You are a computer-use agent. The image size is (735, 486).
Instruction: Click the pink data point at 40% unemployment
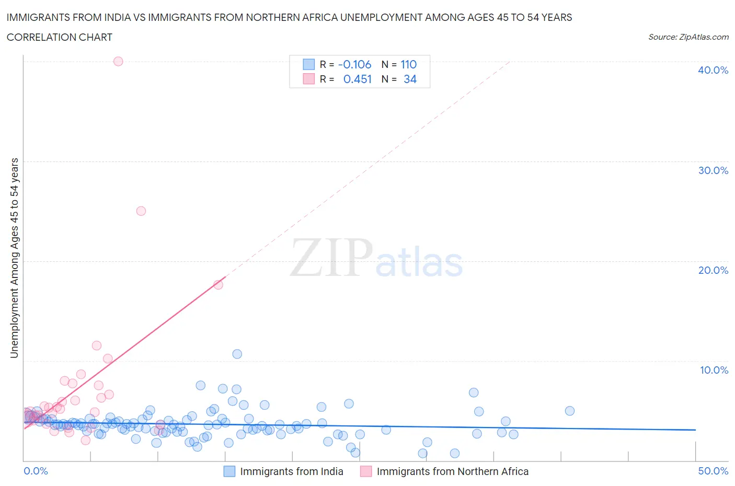coord(118,61)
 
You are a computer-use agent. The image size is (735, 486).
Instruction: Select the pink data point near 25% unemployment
coord(141,211)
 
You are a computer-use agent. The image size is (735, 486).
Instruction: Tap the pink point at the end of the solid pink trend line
coord(218,285)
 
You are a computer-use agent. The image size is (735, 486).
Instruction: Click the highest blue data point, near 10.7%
coord(237,354)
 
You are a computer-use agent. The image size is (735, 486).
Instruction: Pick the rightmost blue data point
coord(570,411)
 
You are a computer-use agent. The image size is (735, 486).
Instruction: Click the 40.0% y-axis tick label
coord(713,70)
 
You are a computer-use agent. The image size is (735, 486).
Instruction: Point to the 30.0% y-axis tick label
coord(713,170)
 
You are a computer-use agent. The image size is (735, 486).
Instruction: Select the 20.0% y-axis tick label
coord(713,270)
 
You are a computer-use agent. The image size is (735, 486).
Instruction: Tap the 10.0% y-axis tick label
coord(714,370)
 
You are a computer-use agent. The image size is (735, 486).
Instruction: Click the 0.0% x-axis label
coord(36,471)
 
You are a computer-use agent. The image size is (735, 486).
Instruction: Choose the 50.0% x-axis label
coord(713,471)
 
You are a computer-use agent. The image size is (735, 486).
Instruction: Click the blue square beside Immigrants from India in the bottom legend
coord(229,471)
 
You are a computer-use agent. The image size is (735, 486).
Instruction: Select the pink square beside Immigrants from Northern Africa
coord(366,471)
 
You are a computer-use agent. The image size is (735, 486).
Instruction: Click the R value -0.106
coord(354,64)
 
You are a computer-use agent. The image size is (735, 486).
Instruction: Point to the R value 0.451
coord(357,79)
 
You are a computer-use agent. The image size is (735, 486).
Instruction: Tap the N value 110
coord(408,64)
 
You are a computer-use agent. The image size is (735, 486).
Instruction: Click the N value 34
coord(410,79)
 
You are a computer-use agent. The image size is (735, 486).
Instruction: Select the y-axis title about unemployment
coord(14,258)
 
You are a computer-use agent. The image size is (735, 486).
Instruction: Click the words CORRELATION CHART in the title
coord(60,37)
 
